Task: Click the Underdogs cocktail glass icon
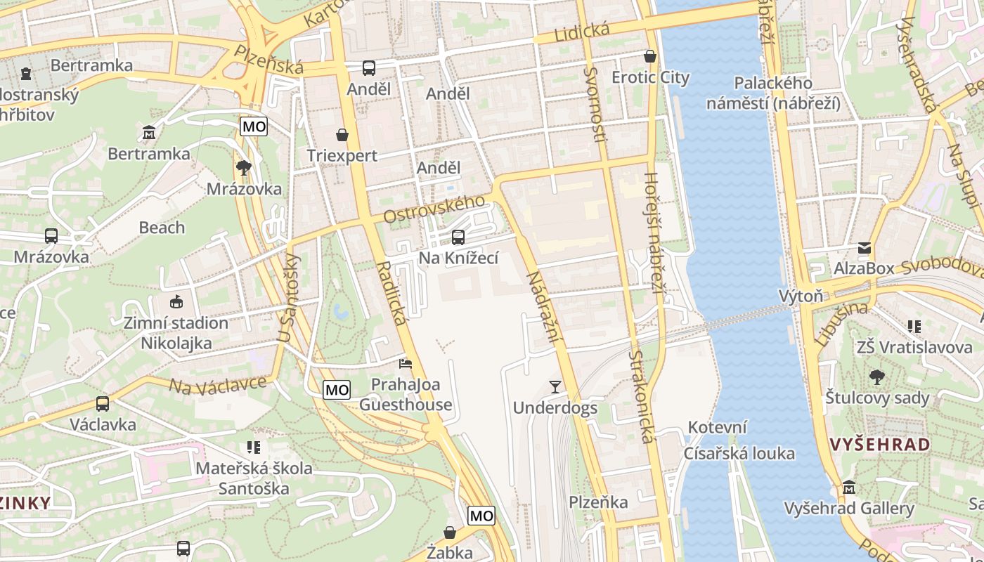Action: [x=555, y=386]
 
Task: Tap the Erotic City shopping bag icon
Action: [x=650, y=56]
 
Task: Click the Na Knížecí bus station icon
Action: [x=458, y=237]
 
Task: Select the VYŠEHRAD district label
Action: [x=879, y=445]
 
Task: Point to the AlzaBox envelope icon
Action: [x=864, y=248]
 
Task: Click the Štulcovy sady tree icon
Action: [x=876, y=377]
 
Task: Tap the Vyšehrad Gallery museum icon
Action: [x=848, y=487]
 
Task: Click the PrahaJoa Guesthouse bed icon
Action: [x=406, y=364]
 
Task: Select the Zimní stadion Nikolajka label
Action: [x=176, y=333]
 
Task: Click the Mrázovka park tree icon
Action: [x=244, y=168]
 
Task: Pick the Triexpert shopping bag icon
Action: [x=342, y=135]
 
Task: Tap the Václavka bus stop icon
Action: [x=103, y=404]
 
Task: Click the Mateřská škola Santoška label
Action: [x=254, y=478]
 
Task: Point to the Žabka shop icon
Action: [x=450, y=532]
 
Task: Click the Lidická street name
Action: [x=581, y=32]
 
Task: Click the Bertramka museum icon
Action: [x=149, y=132]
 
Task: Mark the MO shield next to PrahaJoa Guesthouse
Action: [x=337, y=390]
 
